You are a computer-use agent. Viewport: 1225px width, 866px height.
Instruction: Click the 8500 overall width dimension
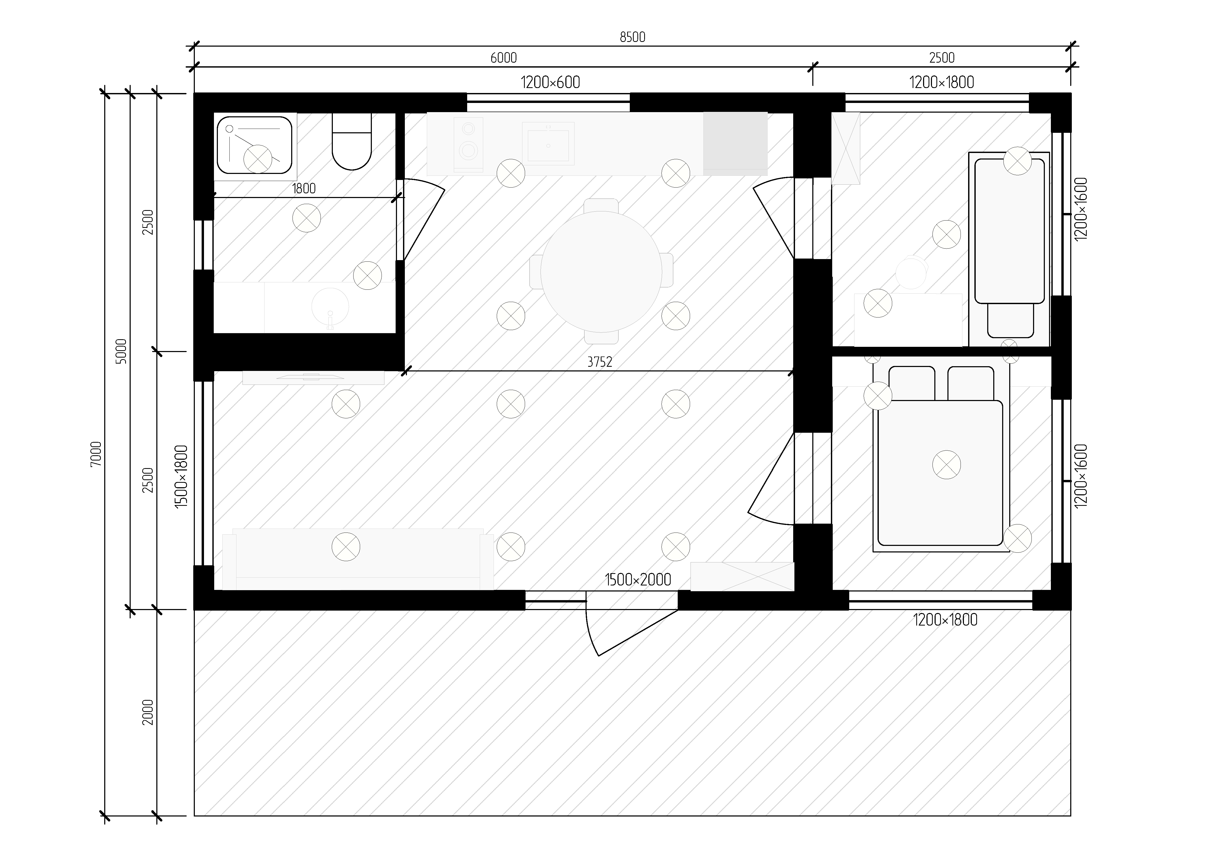[632, 37]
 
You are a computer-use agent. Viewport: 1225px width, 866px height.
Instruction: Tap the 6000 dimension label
[504, 58]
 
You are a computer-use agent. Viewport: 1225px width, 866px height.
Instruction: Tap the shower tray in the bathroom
[255, 146]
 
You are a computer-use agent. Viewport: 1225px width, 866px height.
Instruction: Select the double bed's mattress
[940, 473]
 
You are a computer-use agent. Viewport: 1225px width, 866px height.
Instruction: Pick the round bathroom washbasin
[330, 306]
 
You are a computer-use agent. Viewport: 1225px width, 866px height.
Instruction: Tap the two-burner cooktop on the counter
[468, 144]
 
